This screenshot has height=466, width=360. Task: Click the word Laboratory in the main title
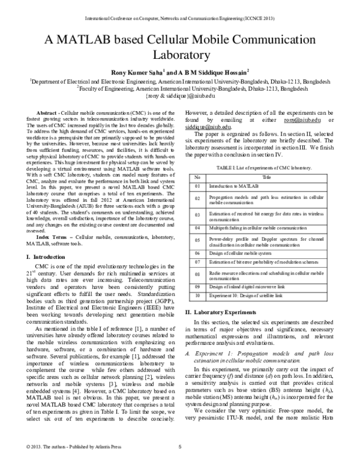(x=180, y=56)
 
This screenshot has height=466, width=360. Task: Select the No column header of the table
(x=196, y=178)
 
